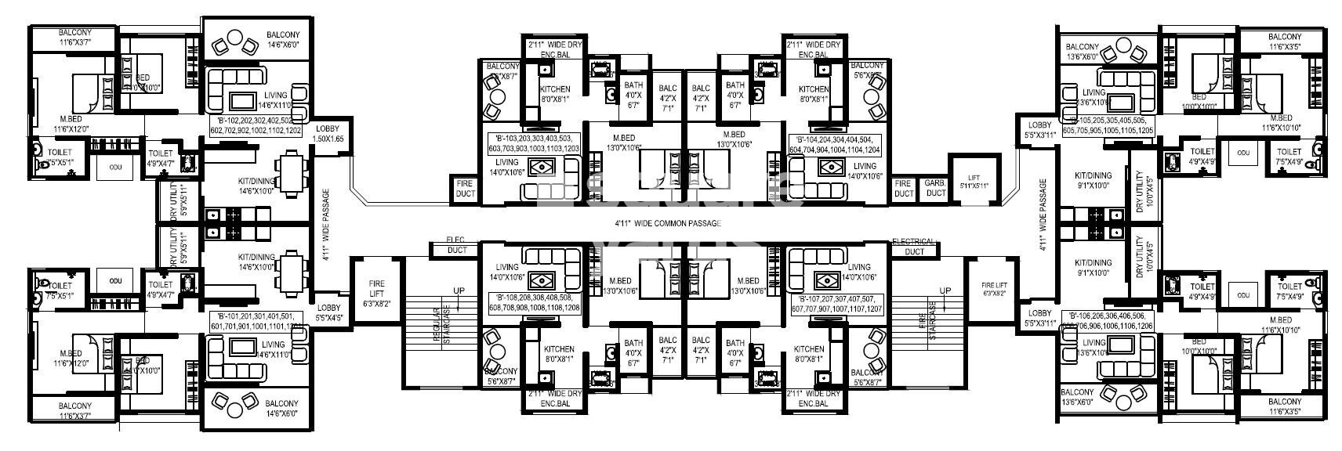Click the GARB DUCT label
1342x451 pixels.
[935, 188]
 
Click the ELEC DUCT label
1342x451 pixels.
[456, 245]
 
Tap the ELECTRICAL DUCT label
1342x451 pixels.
[913, 246]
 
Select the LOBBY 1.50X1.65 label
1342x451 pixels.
[329, 134]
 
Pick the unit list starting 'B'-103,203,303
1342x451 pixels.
[533, 143]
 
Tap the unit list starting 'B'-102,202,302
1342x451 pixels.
[255, 125]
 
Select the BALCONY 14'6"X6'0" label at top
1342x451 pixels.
[282, 41]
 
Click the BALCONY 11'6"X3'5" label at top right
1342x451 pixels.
[1284, 41]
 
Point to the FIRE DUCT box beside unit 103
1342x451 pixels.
[465, 188]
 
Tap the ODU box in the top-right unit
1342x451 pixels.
[1242, 152]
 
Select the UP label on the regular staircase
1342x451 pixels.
[458, 291]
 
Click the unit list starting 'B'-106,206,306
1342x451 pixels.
[1107, 320]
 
